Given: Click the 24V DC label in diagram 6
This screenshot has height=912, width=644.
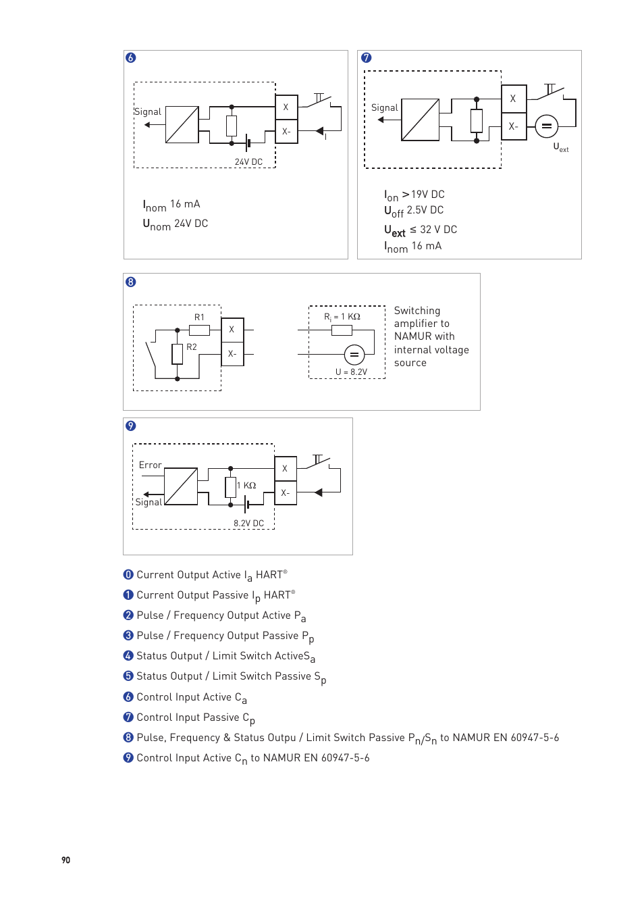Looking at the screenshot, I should pos(248,162).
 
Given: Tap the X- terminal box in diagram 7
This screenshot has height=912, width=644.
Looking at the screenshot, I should pos(514,126).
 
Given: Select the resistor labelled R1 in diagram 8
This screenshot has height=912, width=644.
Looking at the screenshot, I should pos(199,330).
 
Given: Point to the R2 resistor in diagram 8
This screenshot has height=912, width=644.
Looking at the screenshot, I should pos(178,353).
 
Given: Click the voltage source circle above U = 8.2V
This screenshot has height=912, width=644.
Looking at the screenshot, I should pos(354,355).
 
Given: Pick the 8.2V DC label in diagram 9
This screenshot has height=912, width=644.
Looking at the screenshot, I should pos(248,524).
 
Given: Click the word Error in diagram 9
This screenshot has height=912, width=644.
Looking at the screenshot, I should pos(150,465).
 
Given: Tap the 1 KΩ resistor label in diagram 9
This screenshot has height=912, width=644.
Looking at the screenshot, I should pos(246,486).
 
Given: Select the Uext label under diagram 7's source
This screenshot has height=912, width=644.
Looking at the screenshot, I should pos(560,147).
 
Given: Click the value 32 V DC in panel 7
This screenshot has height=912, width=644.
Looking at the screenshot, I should pos(438,230).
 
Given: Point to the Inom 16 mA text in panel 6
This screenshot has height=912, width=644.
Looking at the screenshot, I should pos(171,205).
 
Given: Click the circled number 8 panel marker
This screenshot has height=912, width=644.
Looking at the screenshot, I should pos(131,282).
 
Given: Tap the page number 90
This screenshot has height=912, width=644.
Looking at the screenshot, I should pos(65,860).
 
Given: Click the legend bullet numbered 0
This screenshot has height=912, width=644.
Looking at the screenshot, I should pos(128,575).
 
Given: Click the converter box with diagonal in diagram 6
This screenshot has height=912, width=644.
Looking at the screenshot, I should pos(182,125).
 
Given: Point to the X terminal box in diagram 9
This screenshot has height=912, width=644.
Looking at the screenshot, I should pos(285,469).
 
